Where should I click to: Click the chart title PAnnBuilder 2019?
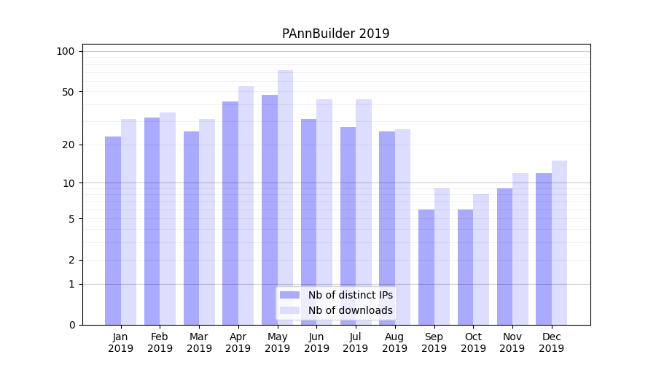pos(335,34)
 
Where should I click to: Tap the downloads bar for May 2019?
pos(285,197)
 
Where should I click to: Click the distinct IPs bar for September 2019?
pos(426,267)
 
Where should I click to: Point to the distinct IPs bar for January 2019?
pos(113,231)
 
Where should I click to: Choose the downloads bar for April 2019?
pos(246,205)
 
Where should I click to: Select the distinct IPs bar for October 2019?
pos(466,267)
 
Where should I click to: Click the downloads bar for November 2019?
pos(520,249)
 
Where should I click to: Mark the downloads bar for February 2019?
pos(168,218)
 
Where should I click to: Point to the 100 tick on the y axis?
pos(66,51)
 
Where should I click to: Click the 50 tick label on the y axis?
pos(68,92)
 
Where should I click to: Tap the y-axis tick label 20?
pos(68,145)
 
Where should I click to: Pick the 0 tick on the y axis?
pos(71,325)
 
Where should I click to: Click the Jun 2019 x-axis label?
pos(316,342)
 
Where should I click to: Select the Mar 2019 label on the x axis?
pos(199,342)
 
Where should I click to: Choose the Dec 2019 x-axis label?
pos(551,342)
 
